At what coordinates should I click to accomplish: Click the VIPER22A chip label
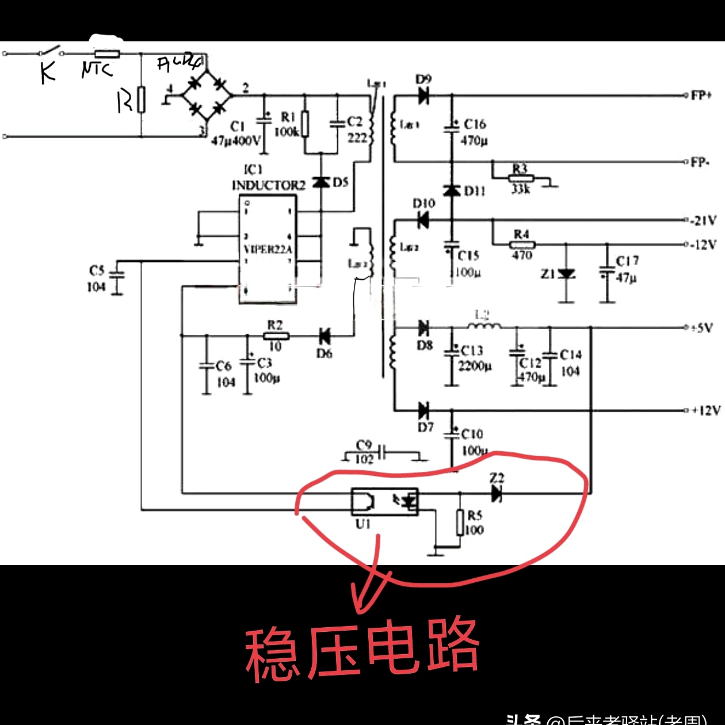tap(268, 249)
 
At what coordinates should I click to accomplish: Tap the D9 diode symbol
tap(424, 96)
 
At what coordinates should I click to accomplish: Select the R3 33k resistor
tap(521, 178)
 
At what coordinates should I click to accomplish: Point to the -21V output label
tap(704, 220)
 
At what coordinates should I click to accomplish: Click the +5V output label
tap(703, 328)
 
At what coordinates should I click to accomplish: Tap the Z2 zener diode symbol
tap(497, 493)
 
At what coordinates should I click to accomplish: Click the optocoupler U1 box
tap(384, 502)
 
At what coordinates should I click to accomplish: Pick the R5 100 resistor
tap(460, 522)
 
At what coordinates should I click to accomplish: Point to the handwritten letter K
tap(48, 72)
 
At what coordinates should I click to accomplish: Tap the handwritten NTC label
tap(97, 69)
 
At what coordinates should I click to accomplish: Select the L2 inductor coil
tap(483, 326)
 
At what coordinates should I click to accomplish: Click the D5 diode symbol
tap(321, 182)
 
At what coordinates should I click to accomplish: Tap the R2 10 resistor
tap(276, 336)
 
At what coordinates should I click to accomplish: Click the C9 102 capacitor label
tap(364, 452)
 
